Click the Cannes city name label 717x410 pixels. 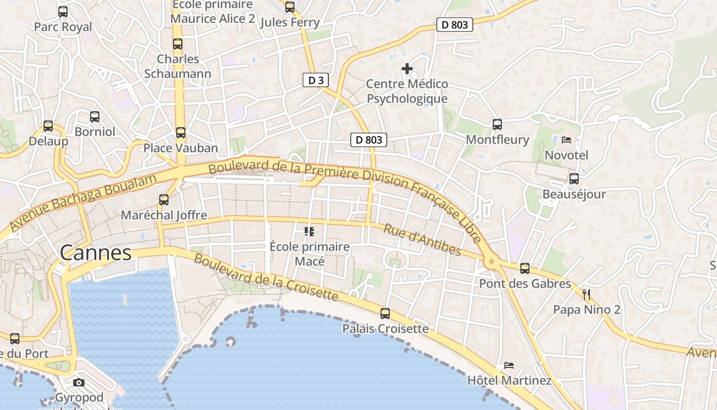click(x=96, y=253)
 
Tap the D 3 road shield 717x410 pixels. click(x=315, y=80)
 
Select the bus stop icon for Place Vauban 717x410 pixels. click(x=180, y=133)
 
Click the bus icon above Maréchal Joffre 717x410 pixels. click(x=164, y=200)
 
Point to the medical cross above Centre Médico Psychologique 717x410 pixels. click(x=407, y=68)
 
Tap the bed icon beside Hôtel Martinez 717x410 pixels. click(x=509, y=365)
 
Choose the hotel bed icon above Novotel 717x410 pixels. click(x=566, y=139)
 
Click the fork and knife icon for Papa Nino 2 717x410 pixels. click(x=587, y=294)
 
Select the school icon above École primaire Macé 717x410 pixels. click(x=309, y=232)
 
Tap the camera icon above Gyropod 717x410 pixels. click(x=79, y=382)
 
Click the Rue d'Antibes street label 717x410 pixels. click(x=422, y=240)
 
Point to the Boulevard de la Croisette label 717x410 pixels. click(x=266, y=277)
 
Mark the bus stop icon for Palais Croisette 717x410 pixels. click(x=385, y=313)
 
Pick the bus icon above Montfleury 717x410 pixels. click(x=497, y=124)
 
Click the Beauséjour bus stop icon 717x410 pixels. click(x=574, y=179)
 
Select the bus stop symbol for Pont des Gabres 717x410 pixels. click(x=525, y=268)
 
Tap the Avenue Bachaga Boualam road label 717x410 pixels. click(x=82, y=202)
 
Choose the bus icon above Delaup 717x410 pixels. click(x=48, y=126)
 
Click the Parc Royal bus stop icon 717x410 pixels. click(x=63, y=11)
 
